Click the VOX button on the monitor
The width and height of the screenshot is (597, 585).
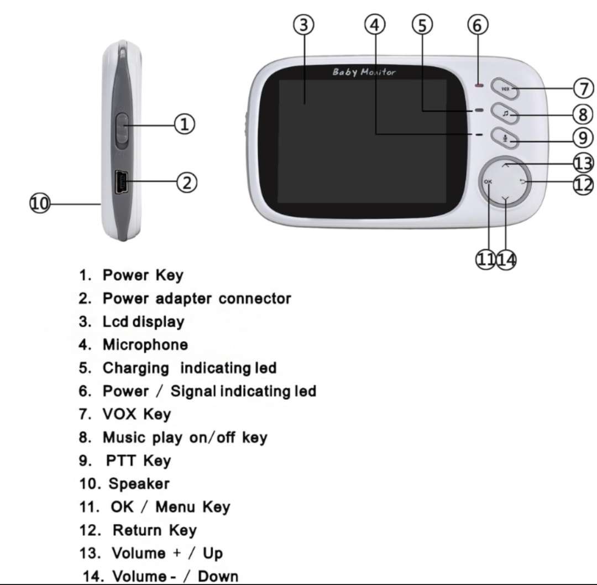505,88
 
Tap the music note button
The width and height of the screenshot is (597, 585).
505,114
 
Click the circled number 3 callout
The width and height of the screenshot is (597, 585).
303,25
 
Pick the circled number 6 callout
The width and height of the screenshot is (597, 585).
478,25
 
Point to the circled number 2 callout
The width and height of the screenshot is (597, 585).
187,182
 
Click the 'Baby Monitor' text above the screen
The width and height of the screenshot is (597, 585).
364,72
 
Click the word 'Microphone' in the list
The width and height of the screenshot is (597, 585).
145,345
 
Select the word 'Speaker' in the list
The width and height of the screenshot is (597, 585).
139,484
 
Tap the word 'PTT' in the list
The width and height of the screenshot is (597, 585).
121,461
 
